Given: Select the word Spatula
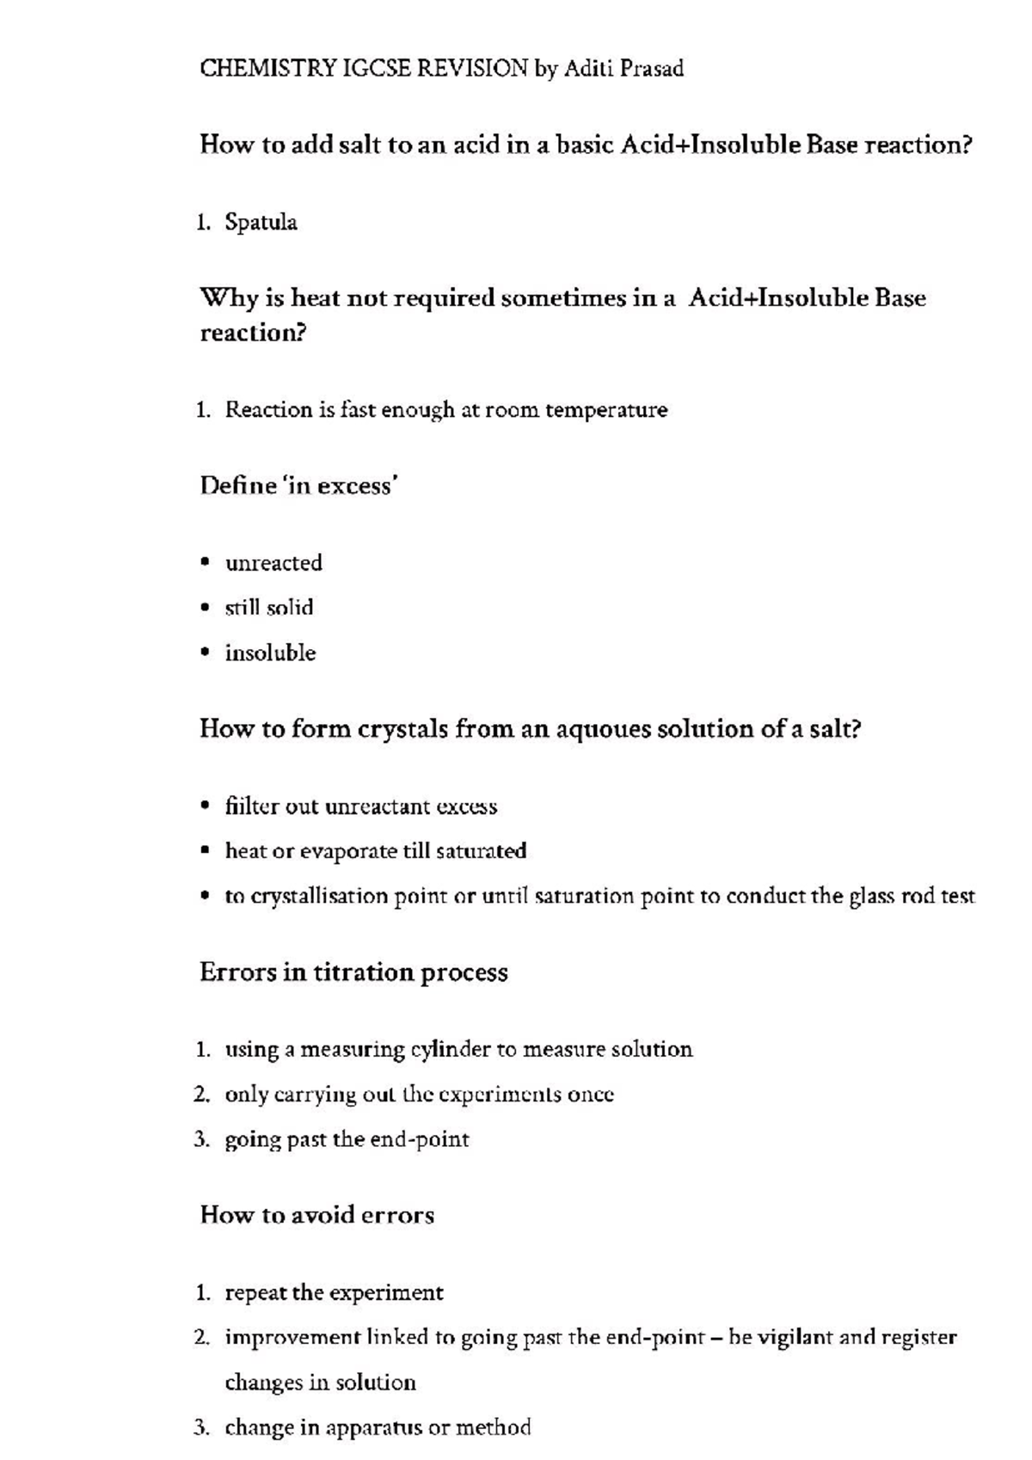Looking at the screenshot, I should point(261,223).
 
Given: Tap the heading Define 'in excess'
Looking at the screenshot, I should point(298,486).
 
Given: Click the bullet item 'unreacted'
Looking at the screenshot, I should point(273,563).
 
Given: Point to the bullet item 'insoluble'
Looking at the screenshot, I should point(270,653).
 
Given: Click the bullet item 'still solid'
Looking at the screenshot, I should point(269,608).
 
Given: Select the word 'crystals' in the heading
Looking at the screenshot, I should point(402,729).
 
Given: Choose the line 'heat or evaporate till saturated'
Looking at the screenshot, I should point(375,851).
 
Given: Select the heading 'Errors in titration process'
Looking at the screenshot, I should point(353,972).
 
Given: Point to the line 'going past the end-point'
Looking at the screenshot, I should point(347,1140).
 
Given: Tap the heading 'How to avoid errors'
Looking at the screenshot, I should point(317,1215).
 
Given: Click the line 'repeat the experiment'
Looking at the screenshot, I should point(334,1293).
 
